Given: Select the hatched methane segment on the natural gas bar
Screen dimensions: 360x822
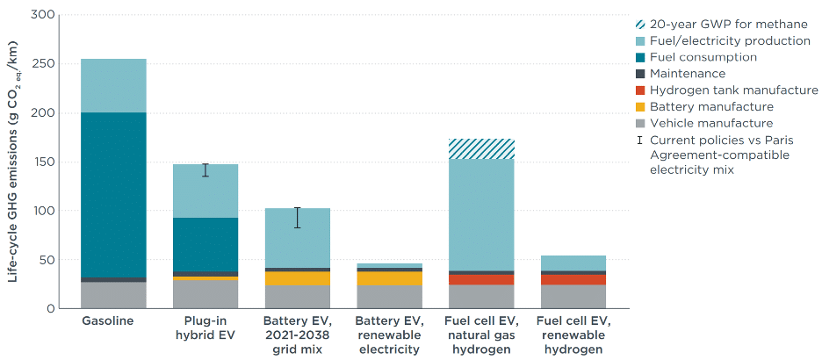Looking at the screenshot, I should (481, 149).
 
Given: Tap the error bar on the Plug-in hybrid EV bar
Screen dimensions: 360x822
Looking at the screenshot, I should (205, 170).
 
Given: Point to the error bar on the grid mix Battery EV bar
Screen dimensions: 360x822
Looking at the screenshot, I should (298, 218).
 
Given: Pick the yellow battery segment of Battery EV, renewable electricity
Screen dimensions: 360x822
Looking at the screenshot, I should (389, 278).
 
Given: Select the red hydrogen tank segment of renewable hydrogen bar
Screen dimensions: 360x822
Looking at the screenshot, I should (573, 280).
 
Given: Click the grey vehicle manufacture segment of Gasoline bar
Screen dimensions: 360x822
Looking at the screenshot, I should (113, 295).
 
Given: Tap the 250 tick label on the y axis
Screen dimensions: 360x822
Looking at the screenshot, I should (47, 64).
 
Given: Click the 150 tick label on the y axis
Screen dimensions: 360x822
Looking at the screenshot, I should (47, 162).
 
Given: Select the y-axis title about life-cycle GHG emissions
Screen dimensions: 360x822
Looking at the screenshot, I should (14, 162).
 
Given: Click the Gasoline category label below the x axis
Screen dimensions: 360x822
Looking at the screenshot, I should (109, 320).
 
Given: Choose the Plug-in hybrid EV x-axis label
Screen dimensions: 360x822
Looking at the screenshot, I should (205, 328).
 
